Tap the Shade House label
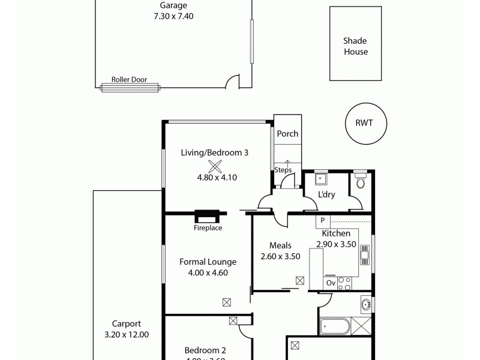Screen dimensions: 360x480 click(355, 46)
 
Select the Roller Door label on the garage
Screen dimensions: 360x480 click(129, 79)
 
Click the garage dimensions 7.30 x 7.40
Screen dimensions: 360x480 click(173, 16)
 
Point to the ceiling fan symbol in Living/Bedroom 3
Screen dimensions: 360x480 click(215, 168)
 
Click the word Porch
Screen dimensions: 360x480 click(287, 134)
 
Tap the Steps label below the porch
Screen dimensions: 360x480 click(283, 170)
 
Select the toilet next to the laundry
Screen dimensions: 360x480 click(360, 181)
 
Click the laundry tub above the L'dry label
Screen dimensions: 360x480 click(321, 178)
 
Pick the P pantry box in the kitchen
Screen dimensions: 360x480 click(322, 221)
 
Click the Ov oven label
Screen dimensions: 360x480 click(331, 283)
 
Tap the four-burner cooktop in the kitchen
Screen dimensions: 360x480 click(344, 283)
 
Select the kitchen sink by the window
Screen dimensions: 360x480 click(364, 255)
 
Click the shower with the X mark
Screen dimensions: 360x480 click(361, 327)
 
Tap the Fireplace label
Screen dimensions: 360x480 click(208, 228)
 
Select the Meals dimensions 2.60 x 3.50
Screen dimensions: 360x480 click(280, 256)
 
